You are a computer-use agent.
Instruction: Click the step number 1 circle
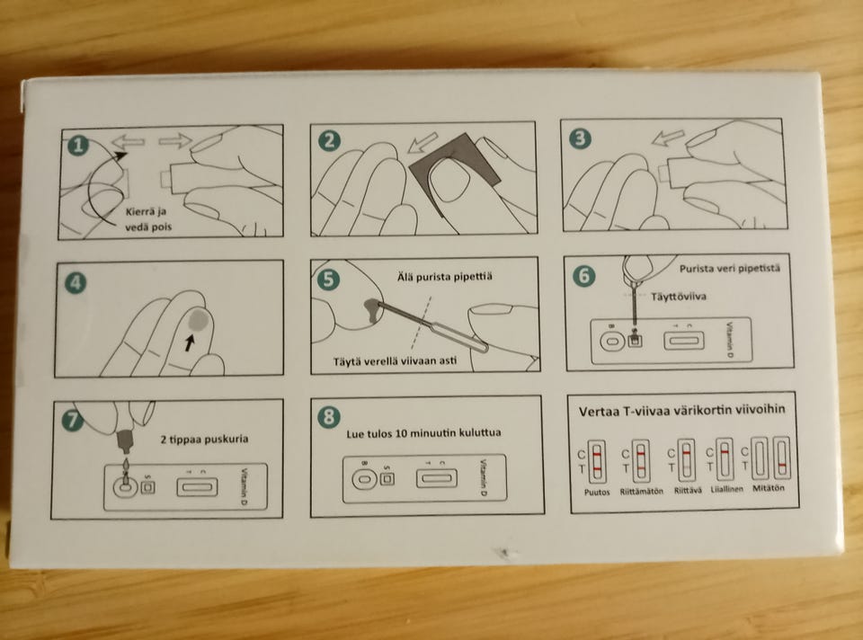[x=78, y=146]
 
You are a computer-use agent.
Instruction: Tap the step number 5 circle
[x=329, y=279]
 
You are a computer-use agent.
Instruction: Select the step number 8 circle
[x=329, y=416]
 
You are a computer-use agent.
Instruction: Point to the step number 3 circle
[x=580, y=138]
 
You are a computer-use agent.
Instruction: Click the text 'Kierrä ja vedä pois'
[x=148, y=219]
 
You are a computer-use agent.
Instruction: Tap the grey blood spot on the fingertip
[x=197, y=320]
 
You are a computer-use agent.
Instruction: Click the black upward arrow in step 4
[x=190, y=343]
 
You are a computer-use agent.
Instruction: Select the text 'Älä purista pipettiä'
[x=445, y=276]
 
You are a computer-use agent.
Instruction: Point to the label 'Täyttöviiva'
[x=679, y=297]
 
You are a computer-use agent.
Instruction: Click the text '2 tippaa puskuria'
[x=204, y=440]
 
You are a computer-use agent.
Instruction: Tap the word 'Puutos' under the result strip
[x=597, y=492]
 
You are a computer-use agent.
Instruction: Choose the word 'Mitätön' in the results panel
[x=769, y=487]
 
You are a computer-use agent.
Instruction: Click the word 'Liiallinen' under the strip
[x=726, y=489]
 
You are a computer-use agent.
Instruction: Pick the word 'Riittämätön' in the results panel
[x=642, y=491]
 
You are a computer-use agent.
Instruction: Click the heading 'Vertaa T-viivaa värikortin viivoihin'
[x=682, y=411]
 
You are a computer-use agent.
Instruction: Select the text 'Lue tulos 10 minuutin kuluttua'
[x=423, y=433]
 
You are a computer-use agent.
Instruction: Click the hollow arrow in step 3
[x=668, y=138]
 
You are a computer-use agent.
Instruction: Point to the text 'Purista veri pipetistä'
[x=729, y=269]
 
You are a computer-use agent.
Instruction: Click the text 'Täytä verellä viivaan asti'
[x=395, y=361]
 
